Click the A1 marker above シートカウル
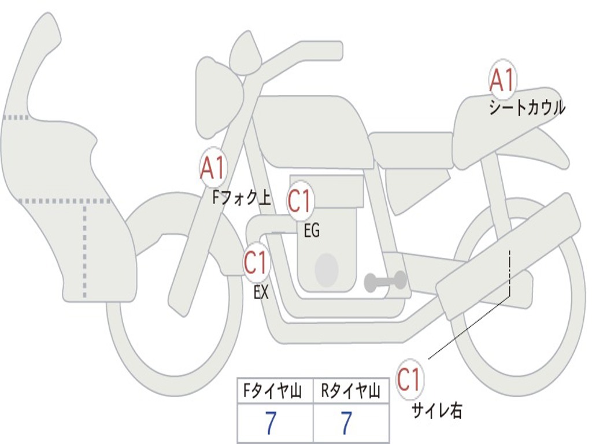click(502, 80)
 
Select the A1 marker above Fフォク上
click(213, 168)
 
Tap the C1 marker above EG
click(300, 201)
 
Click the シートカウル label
click(527, 108)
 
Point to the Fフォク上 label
click(242, 197)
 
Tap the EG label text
click(312, 230)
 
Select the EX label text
click(261, 292)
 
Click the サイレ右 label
click(437, 410)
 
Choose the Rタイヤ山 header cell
click(351, 391)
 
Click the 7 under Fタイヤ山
click(271, 423)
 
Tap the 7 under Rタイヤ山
click(346, 423)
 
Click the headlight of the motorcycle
click(219, 98)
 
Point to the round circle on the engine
click(327, 270)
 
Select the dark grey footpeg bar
click(385, 282)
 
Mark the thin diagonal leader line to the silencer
click(469, 327)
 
